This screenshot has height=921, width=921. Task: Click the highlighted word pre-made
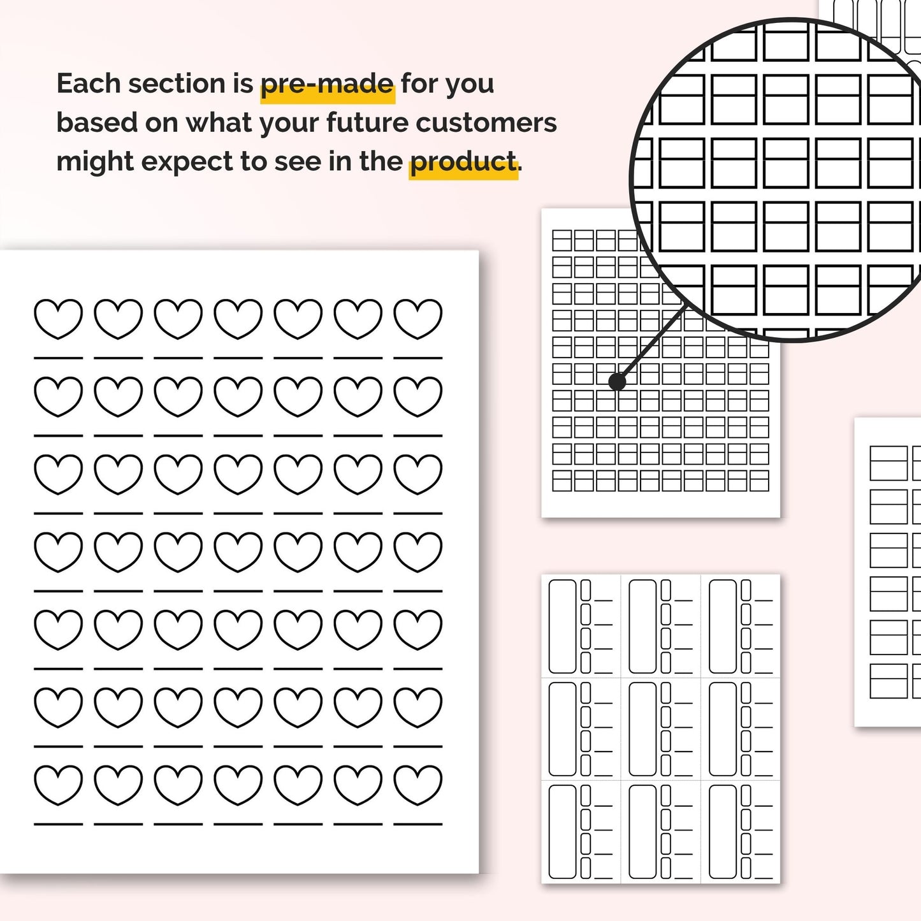tap(328, 84)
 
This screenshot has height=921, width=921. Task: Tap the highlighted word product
tap(463, 161)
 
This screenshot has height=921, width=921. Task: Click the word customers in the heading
tap(486, 122)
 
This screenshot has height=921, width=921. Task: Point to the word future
tap(368, 122)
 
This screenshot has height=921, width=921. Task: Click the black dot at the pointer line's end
tap(617, 381)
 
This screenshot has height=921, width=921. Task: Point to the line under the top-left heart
tap(58, 358)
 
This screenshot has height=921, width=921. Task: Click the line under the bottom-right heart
tap(417, 824)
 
